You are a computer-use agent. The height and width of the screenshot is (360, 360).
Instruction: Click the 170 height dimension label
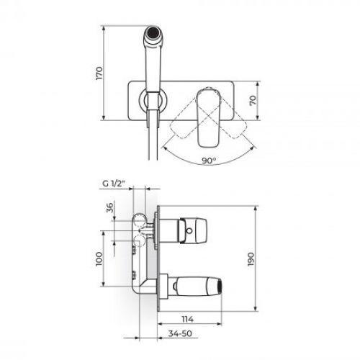pyautogui.click(x=99, y=73)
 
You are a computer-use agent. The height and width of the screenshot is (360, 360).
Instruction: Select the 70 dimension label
pyautogui.click(x=253, y=100)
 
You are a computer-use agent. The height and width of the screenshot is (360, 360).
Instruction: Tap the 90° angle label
pyautogui.click(x=209, y=161)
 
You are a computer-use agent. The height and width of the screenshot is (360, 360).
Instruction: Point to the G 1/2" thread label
pyautogui.click(x=114, y=184)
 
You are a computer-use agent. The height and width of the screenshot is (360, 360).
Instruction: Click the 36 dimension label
pyautogui.click(x=109, y=208)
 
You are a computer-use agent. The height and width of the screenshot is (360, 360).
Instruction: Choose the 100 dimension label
pyautogui.click(x=99, y=259)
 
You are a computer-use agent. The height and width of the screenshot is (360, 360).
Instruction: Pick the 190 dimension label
pyautogui.click(x=251, y=259)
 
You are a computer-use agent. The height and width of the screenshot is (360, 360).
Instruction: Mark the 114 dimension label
pyautogui.click(x=187, y=319)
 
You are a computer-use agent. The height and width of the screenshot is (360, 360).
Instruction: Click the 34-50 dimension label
pyautogui.click(x=180, y=333)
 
